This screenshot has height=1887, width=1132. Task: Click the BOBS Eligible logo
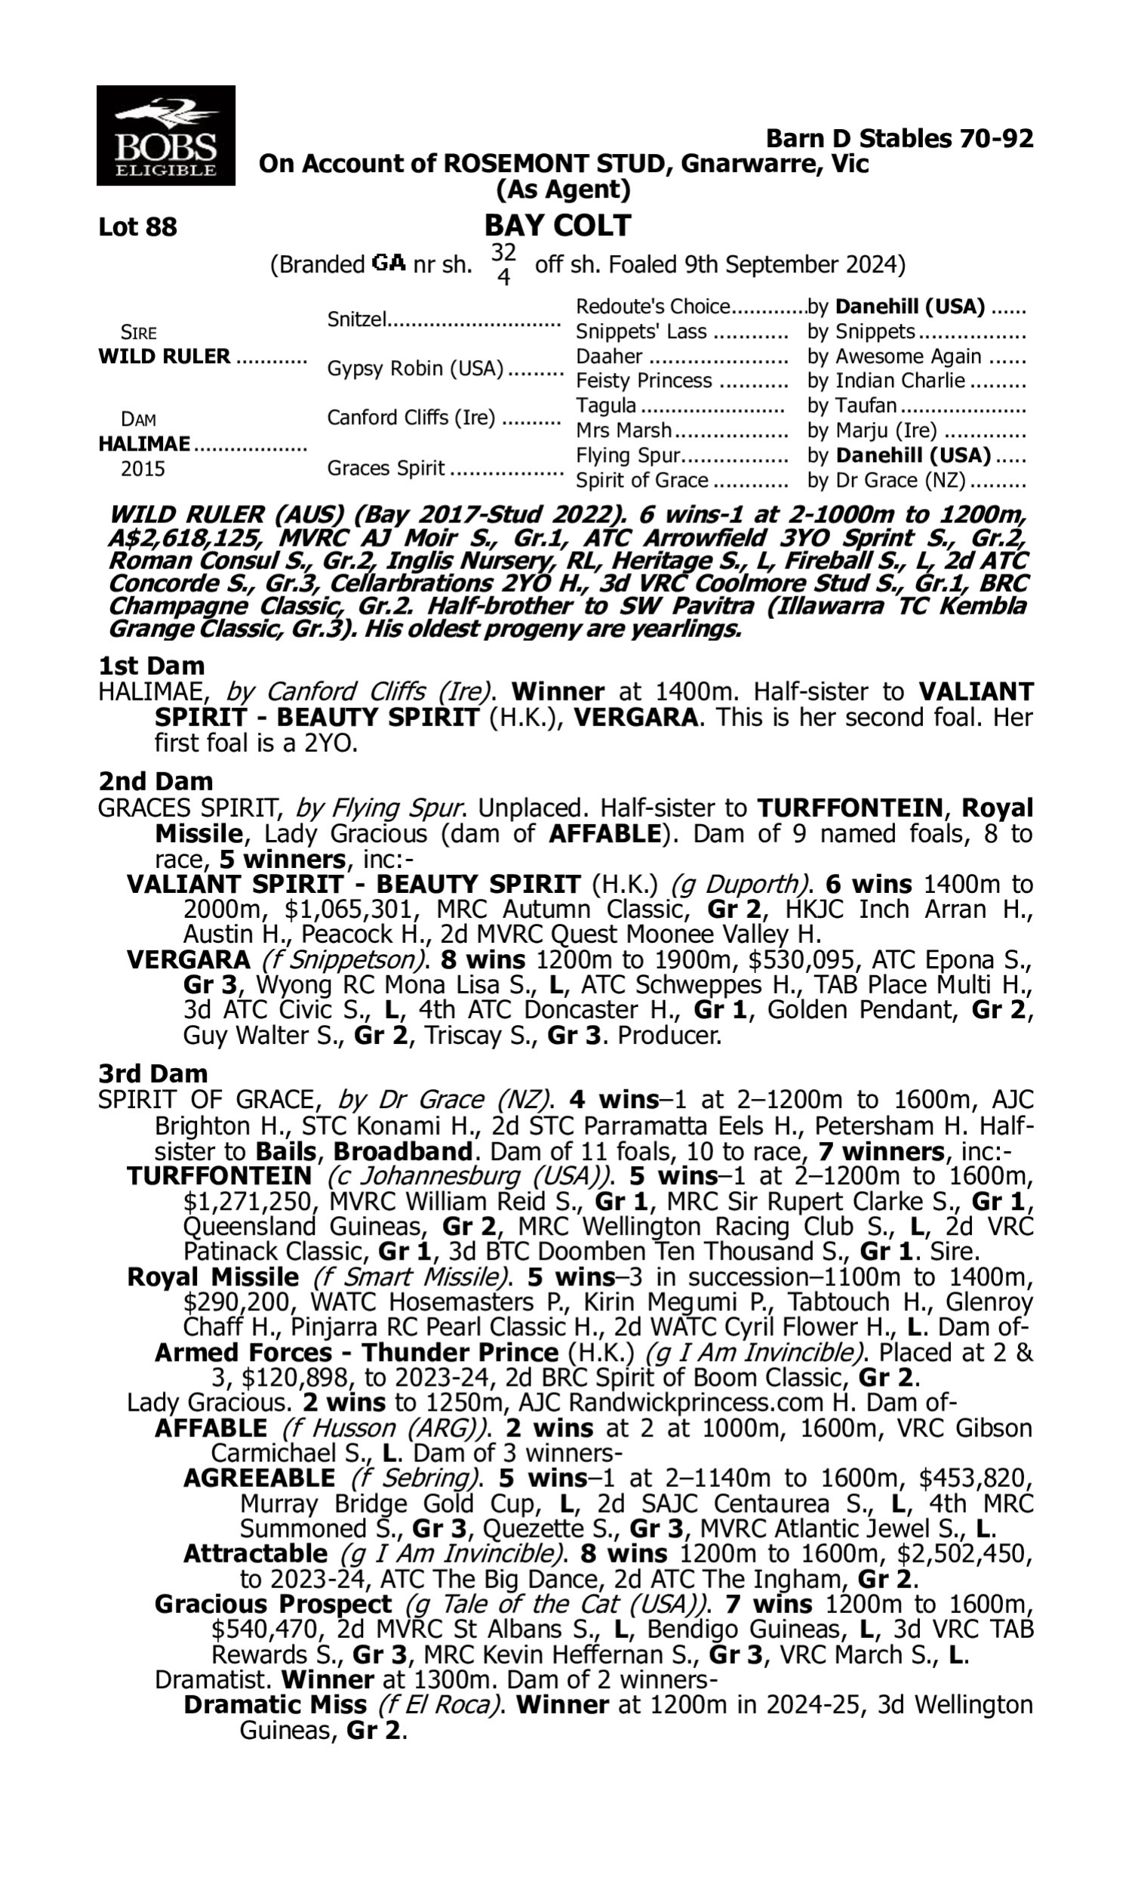(165, 135)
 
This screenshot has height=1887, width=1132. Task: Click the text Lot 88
(137, 227)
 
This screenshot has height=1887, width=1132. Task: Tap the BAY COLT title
(558, 226)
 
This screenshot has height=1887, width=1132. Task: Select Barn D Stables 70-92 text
(900, 139)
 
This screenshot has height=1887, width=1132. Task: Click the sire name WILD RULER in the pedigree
(164, 357)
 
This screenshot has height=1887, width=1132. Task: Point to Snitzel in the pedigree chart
(356, 319)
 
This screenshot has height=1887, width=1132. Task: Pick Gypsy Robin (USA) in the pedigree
(415, 369)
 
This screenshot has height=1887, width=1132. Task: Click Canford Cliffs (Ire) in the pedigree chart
(411, 418)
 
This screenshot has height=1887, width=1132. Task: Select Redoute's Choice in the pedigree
(653, 306)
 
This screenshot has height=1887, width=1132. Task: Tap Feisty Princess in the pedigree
(643, 380)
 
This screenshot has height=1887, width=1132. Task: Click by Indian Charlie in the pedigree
(887, 380)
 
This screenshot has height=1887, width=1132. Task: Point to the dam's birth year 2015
(143, 469)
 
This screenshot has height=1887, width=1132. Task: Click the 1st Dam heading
(151, 666)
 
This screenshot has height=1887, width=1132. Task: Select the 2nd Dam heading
(155, 781)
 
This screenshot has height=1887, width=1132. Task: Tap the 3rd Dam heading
(152, 1074)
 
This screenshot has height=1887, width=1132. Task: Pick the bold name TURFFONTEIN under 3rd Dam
(219, 1176)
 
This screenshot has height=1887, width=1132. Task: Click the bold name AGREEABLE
(259, 1478)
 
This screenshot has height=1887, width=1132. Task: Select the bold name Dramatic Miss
(275, 1704)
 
